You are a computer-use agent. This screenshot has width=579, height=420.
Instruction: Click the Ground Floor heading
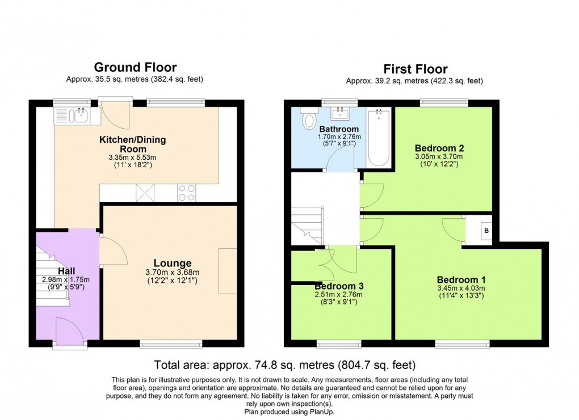pos(135,68)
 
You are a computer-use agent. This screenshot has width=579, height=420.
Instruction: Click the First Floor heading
pos(414,69)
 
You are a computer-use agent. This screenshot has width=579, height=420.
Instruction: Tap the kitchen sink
pos(77,116)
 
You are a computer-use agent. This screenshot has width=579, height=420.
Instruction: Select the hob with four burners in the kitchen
pos(187,193)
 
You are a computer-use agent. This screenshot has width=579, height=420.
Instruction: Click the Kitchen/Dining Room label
pos(133,143)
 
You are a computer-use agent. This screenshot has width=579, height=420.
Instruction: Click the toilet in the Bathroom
pos(310,120)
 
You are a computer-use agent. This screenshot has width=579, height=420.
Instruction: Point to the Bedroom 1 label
pos(461,279)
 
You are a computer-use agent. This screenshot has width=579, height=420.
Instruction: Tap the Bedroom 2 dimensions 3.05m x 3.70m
pos(439,156)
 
